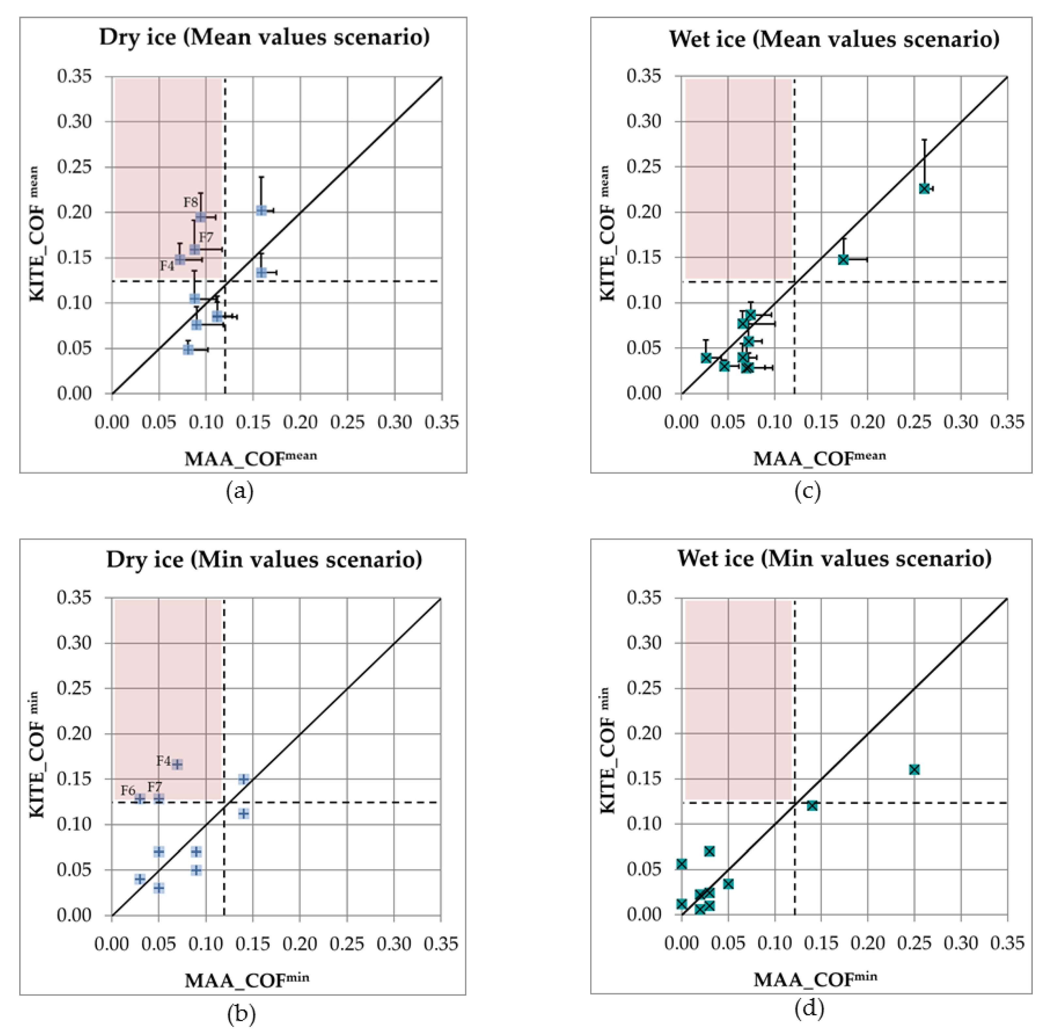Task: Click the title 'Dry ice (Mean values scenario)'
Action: (x=264, y=37)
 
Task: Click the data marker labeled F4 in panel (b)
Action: (x=177, y=764)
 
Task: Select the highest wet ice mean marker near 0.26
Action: (x=924, y=188)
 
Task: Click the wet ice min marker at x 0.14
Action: (x=812, y=805)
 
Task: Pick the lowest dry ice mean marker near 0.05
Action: (x=188, y=349)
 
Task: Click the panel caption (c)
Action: (x=807, y=491)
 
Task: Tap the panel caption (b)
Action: (x=241, y=1014)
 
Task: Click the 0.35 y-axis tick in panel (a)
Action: (x=74, y=76)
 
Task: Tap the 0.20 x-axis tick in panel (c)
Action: (x=867, y=422)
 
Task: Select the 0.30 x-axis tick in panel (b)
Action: (x=394, y=943)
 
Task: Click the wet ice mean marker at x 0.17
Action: (x=843, y=259)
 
